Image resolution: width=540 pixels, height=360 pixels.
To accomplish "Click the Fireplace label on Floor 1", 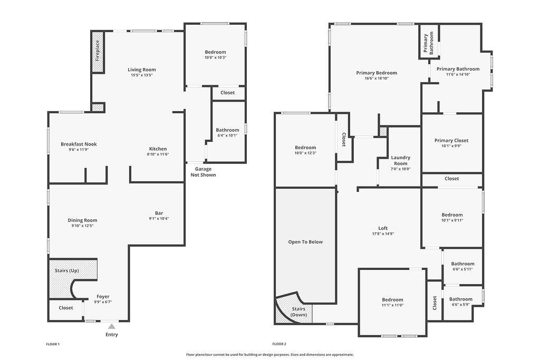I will [98, 51].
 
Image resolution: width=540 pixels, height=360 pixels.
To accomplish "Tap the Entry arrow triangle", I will [111, 327].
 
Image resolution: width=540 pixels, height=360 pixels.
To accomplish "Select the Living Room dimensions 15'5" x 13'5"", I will [142, 75].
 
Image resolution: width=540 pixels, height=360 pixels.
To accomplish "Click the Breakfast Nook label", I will [79, 144].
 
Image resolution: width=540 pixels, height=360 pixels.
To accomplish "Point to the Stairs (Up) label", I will [67, 270].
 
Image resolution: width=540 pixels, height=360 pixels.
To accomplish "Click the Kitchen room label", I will [158, 149].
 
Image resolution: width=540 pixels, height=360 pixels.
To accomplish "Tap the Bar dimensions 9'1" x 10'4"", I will [159, 219].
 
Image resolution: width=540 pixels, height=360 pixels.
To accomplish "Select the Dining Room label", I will [82, 220].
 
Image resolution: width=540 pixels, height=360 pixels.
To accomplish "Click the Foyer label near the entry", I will [103, 296].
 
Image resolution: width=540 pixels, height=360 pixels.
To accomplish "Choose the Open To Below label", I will [305, 242].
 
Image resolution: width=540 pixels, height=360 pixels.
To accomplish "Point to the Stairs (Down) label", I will [300, 312].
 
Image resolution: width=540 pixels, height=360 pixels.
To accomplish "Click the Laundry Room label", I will [400, 161].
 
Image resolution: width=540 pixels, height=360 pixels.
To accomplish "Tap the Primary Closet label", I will [451, 140].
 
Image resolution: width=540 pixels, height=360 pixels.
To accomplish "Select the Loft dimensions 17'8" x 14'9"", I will [383, 234].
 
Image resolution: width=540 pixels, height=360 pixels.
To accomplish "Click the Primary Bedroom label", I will [377, 73].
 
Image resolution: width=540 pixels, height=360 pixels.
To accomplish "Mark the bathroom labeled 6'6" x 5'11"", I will [462, 266].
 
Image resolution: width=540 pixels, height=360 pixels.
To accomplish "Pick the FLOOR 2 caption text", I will [279, 344].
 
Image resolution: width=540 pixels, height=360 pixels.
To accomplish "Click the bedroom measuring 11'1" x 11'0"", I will [392, 303].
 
